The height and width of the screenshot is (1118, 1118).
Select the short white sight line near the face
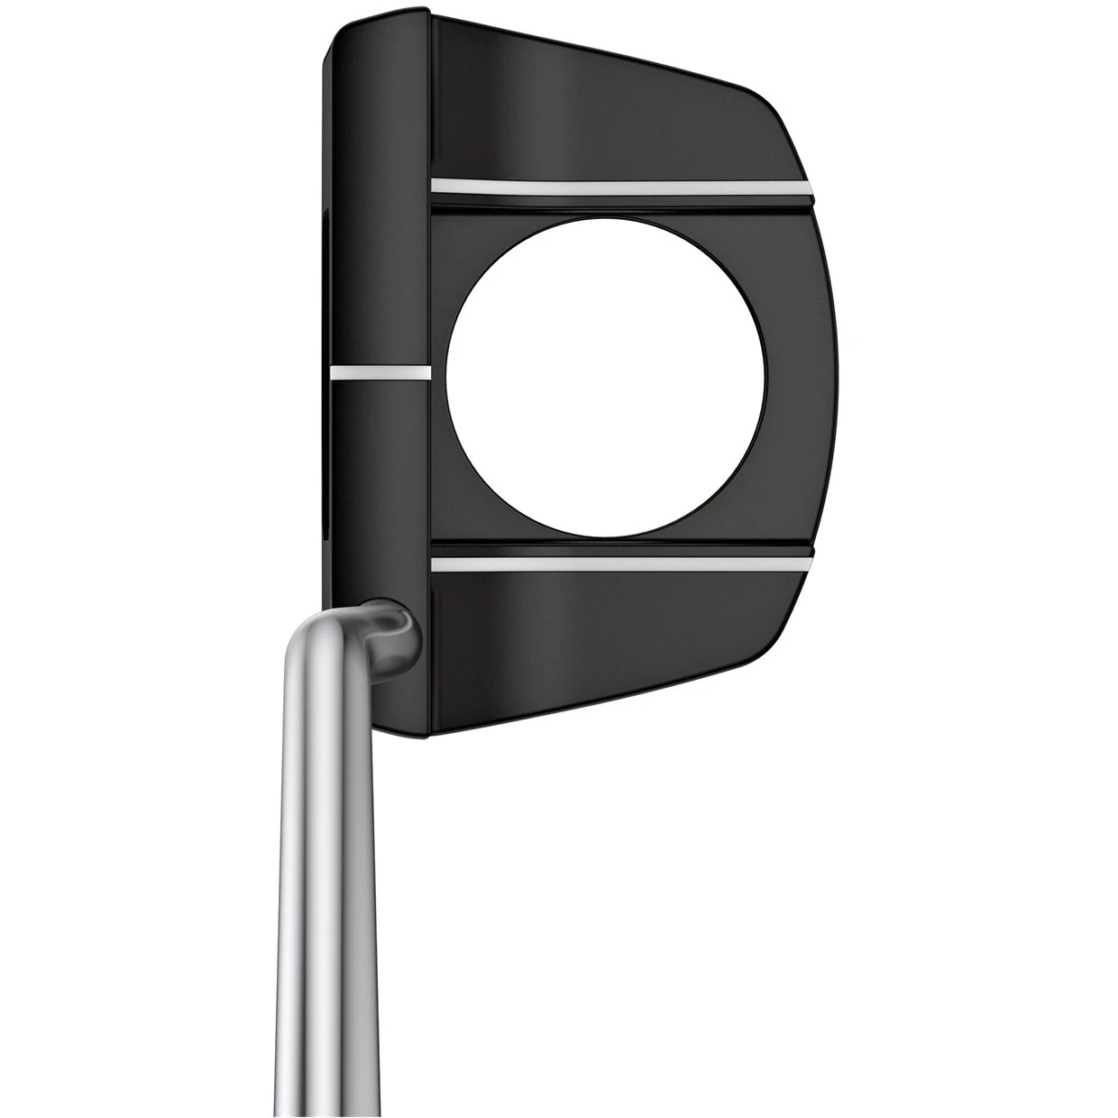(x=380, y=371)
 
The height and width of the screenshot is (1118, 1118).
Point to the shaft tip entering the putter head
(x=397, y=624)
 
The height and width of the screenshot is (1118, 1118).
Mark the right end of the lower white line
(x=809, y=564)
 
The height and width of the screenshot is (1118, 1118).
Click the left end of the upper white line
(x=436, y=184)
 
